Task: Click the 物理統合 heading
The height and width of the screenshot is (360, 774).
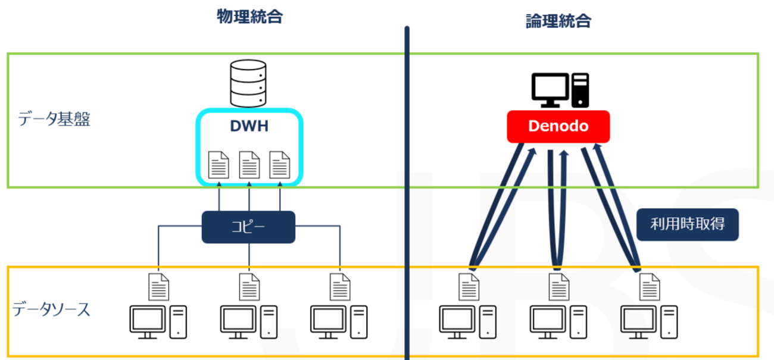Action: tap(249, 17)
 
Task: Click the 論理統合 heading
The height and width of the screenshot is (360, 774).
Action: tap(558, 21)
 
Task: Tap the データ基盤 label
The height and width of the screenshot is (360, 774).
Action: tap(54, 120)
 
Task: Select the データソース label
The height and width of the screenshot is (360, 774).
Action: tap(52, 309)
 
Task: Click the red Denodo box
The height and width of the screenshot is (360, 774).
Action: tap(558, 126)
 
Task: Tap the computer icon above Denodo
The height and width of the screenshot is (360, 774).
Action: tap(560, 90)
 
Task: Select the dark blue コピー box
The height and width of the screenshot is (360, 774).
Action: tap(249, 227)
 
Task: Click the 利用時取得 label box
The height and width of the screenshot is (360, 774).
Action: tap(688, 224)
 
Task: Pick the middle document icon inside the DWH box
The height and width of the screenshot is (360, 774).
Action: tap(249, 165)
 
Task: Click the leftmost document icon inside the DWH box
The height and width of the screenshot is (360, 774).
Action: tap(219, 165)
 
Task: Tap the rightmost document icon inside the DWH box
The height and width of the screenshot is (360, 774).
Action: tap(280, 165)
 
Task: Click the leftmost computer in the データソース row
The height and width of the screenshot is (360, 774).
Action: tap(158, 322)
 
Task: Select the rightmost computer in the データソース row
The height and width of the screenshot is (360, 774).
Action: tap(648, 322)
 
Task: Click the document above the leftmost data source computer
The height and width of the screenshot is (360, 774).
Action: tap(158, 286)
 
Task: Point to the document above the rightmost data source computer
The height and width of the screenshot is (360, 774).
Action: tap(648, 286)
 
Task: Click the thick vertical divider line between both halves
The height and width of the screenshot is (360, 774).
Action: tap(407, 190)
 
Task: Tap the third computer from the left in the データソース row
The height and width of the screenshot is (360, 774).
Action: tap(339, 322)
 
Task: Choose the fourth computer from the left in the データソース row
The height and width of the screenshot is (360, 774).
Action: tap(467, 322)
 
